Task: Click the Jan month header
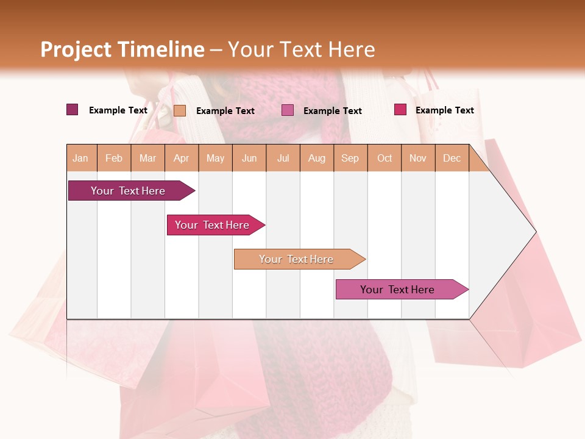(81, 158)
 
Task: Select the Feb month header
(114, 158)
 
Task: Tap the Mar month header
(147, 158)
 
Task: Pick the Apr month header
(182, 158)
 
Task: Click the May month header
(215, 158)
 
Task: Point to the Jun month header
(249, 158)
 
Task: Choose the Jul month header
(283, 158)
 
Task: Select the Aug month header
(317, 158)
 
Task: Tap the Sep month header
(350, 158)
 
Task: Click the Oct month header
(385, 158)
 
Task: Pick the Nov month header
(418, 158)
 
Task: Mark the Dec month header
(452, 158)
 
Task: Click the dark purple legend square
(73, 110)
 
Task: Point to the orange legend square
(180, 110)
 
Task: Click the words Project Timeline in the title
(122, 49)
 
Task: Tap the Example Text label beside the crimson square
(444, 110)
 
